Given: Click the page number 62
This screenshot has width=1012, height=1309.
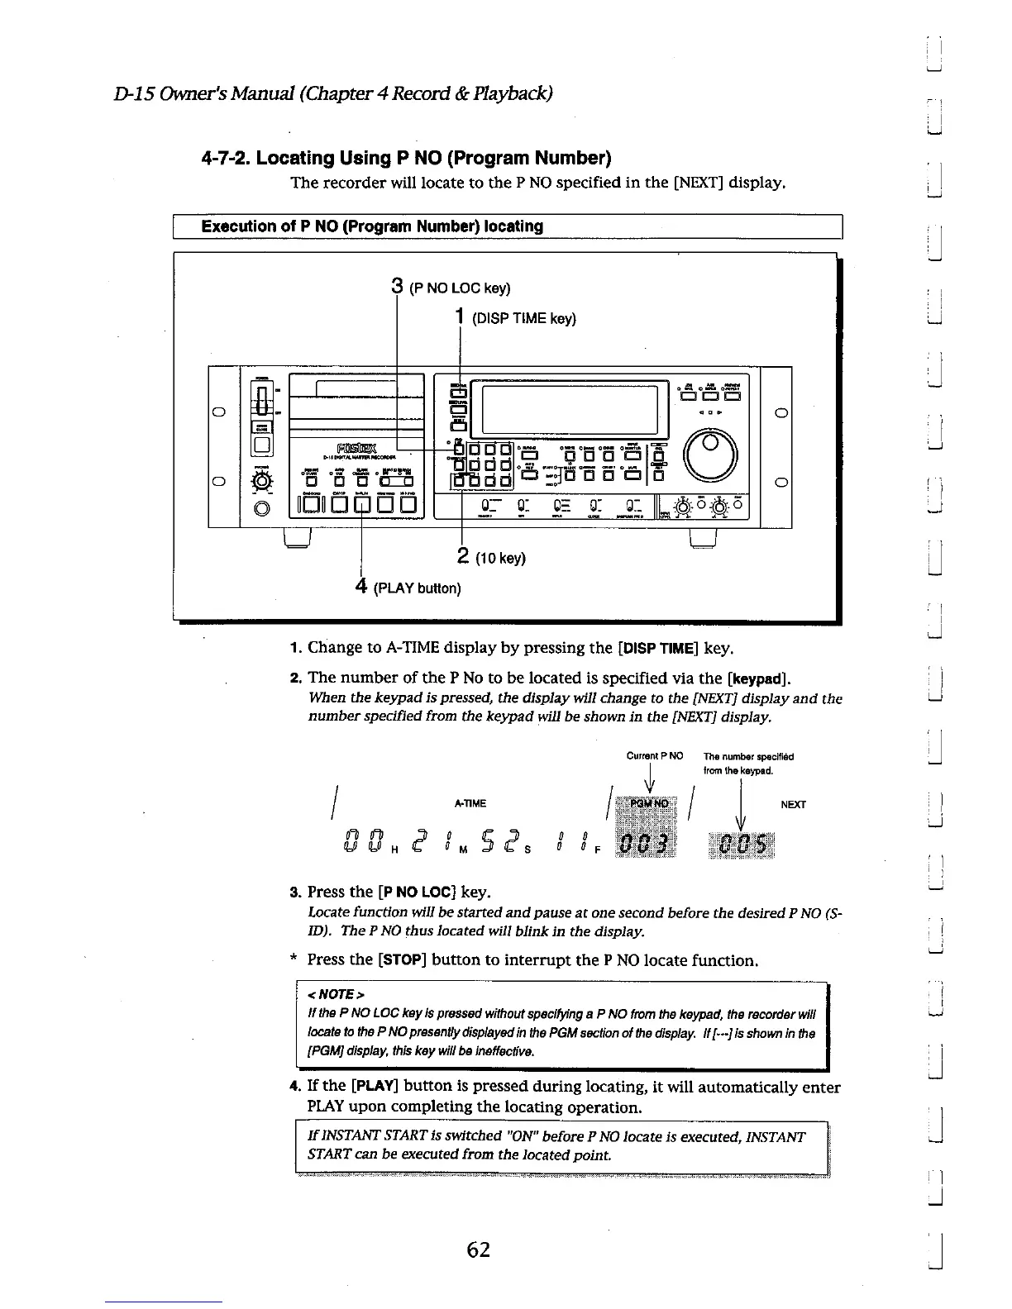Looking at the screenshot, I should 478,1249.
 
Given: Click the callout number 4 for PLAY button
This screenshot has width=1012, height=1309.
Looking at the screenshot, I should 360,586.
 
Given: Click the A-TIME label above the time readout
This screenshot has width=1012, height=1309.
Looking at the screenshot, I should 470,803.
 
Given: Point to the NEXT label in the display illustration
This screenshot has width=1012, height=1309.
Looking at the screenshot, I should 793,804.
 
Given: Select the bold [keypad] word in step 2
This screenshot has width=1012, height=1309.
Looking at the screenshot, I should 759,679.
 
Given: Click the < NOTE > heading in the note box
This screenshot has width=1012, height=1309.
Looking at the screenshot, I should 335,993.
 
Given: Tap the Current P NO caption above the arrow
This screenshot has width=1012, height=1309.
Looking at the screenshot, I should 655,755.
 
